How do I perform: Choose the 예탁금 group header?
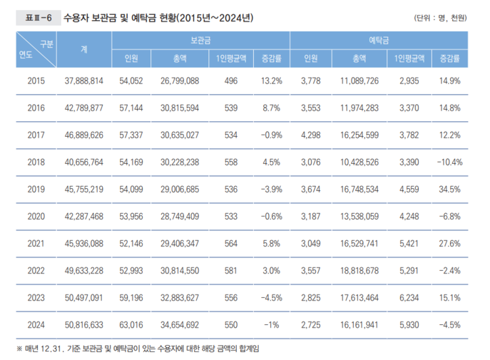(x=386, y=41)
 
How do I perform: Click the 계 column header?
(x=83, y=49)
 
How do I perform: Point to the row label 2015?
(x=36, y=81)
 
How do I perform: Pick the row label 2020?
(x=36, y=217)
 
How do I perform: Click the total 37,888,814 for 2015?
(x=84, y=81)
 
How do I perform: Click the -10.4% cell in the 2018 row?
(x=447, y=162)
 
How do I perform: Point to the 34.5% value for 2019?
(x=449, y=189)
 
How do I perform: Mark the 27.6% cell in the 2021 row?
(x=449, y=244)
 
